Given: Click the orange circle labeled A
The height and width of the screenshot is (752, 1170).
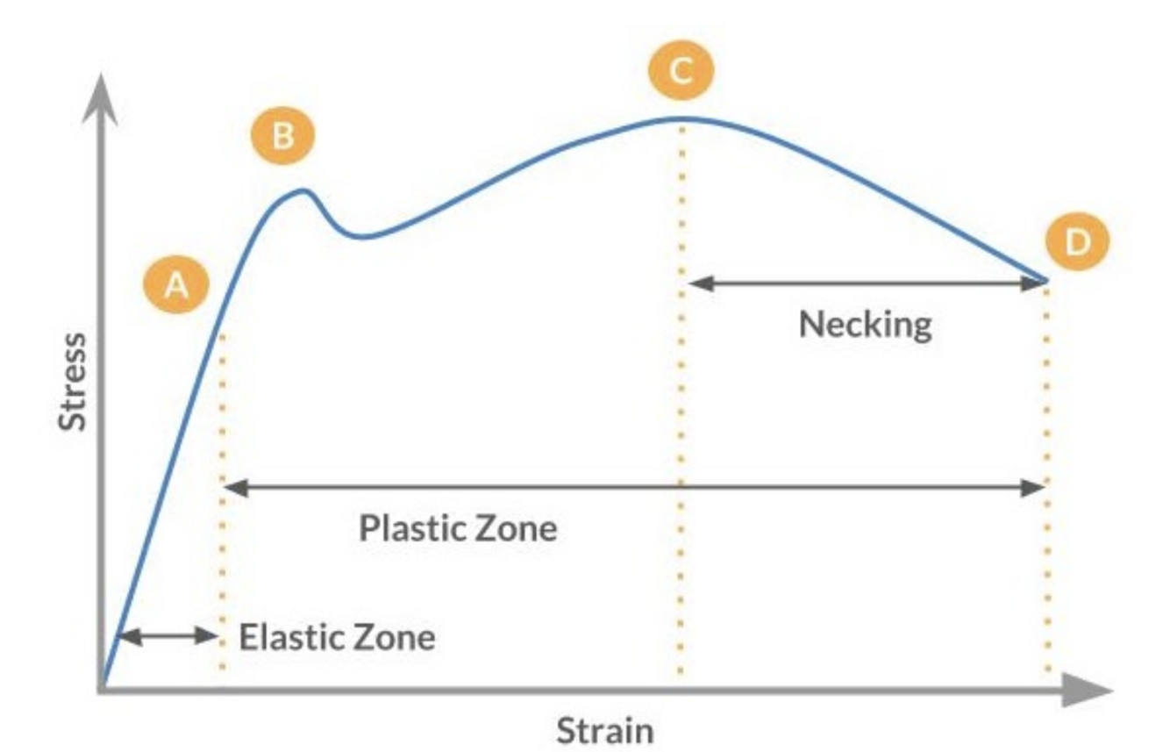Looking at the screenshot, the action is tap(178, 285).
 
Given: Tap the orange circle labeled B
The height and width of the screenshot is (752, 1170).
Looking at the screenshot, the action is tap(283, 137).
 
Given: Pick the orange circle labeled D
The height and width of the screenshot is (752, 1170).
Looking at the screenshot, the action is tap(1076, 242).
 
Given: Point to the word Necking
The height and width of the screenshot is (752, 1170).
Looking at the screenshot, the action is tap(865, 325).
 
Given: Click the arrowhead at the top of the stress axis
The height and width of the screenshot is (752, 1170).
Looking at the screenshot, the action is tap(103, 88).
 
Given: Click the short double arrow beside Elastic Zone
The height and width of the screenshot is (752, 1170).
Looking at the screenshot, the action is tap(167, 637).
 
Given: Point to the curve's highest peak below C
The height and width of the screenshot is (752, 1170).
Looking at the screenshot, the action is tap(681, 118).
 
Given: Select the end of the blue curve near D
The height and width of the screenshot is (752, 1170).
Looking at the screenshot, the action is tap(1046, 281).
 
